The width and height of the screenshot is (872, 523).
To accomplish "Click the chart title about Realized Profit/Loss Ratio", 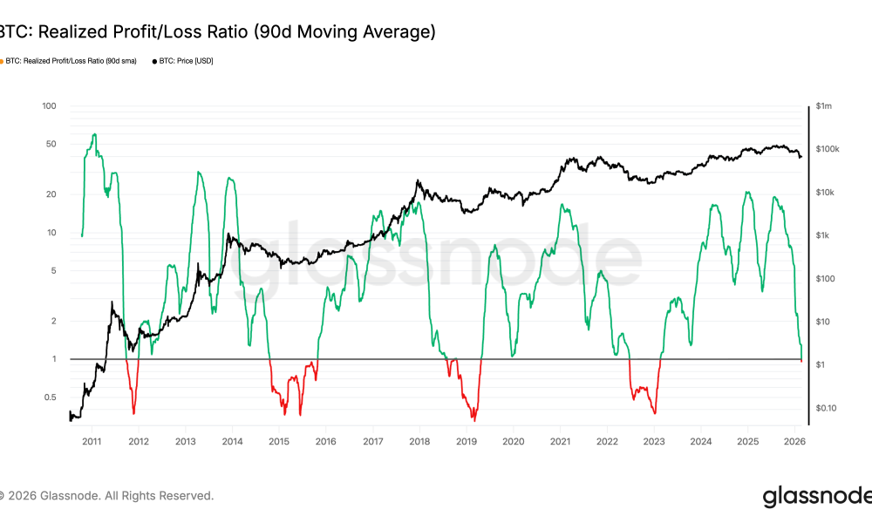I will coord(216,32).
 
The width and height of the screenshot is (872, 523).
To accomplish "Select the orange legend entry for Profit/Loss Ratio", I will coord(70,61).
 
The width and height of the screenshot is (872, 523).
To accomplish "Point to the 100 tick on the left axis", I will coord(49,106).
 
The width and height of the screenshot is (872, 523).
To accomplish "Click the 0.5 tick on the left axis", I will coord(49,397).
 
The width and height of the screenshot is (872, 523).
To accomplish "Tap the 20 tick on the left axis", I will coord(51,194).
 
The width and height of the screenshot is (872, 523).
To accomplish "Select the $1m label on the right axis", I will coord(824,106).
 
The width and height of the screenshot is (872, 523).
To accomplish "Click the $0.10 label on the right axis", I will coord(827,408).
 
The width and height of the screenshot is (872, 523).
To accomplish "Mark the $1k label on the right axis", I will coord(824,235).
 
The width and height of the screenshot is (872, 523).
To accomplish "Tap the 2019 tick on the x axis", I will coord(467,442).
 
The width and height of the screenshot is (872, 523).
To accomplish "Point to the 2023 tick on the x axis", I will coord(654,442).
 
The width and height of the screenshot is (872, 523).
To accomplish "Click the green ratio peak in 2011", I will coord(94,134).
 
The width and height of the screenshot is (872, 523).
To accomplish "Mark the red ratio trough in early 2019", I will coord(473,418).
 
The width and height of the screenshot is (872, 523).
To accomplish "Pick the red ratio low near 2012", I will coord(133,412).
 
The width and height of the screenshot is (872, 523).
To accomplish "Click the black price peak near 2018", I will coord(419,181).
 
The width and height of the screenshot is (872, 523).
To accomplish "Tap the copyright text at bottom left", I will coord(106,496).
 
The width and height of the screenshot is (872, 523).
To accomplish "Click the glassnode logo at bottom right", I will coord(816,497).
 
